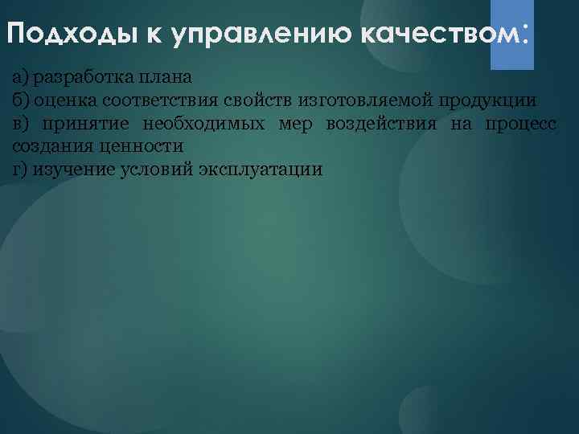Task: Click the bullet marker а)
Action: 20,77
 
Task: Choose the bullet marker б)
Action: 20,100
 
